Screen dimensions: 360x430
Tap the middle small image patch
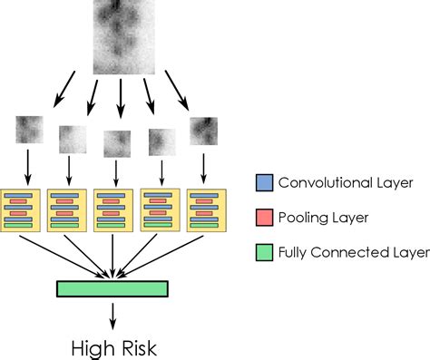point(117,142)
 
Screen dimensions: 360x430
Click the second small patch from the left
point(73,139)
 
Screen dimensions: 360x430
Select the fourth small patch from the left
point(161,141)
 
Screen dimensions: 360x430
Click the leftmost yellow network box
point(23,209)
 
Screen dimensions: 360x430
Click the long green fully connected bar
point(112,288)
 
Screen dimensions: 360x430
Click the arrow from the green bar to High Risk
point(112,314)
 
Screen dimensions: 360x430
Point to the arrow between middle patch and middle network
point(118,170)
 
